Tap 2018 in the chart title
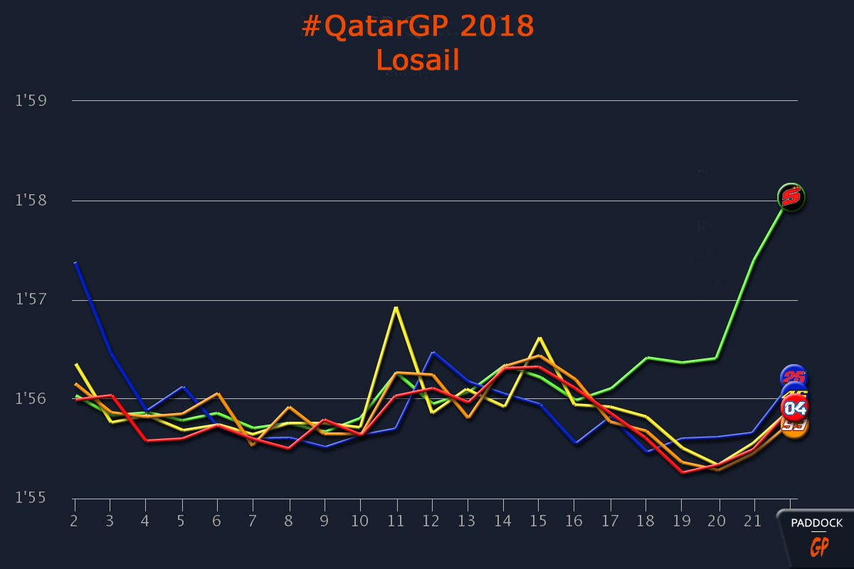pos(497,27)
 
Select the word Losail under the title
pos(418,60)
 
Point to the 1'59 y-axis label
pos(31,100)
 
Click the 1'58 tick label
pos(31,201)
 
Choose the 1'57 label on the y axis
pos(31,299)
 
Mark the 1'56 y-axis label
pos(31,399)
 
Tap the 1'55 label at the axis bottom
pos(31,498)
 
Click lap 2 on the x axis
pos(74,522)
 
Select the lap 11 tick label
pos(396,522)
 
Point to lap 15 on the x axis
pos(539,522)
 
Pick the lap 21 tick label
pos(752,522)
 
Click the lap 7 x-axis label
pos(253,522)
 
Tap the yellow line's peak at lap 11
pos(396,307)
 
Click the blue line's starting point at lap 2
pos(75,262)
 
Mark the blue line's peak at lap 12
pos(432,352)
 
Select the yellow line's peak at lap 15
pos(539,338)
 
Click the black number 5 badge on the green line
pos(790,196)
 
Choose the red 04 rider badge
pos(795,408)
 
